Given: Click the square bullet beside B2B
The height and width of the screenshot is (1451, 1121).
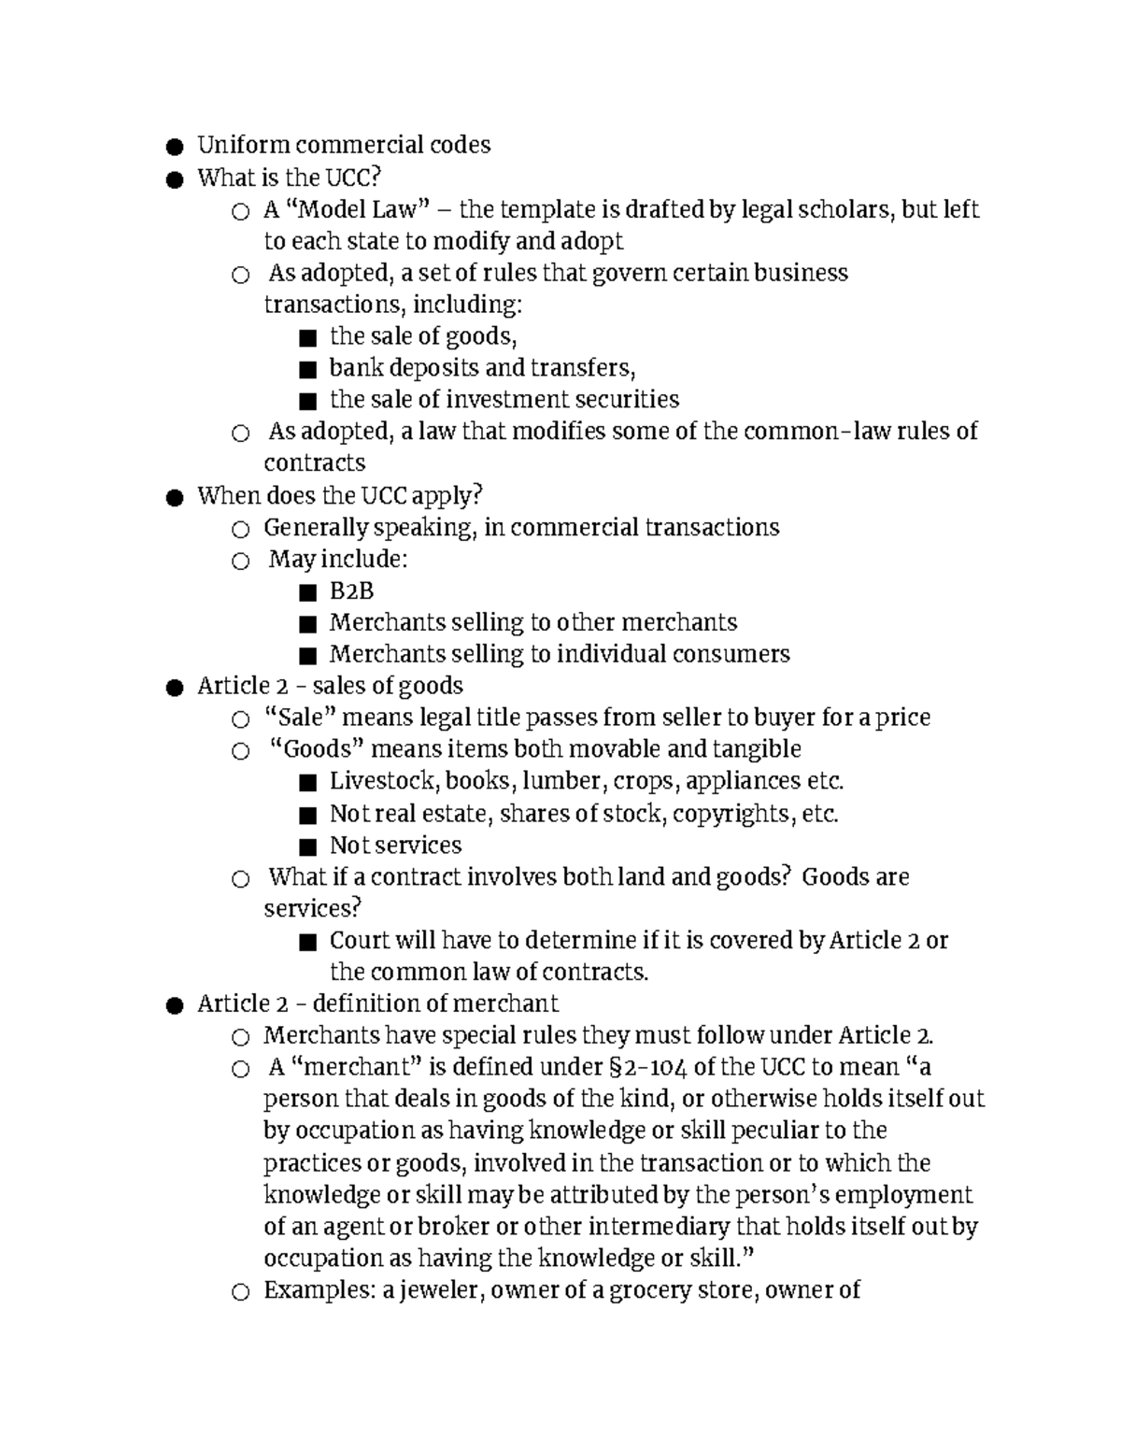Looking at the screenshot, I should tap(307, 593).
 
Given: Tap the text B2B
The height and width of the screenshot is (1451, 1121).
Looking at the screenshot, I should tap(351, 591).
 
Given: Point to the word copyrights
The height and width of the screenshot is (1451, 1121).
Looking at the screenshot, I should tap(732, 814).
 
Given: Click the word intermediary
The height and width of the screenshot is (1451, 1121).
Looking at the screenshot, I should tap(660, 1227).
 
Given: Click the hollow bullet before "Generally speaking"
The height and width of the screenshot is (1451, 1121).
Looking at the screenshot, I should tap(241, 530).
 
